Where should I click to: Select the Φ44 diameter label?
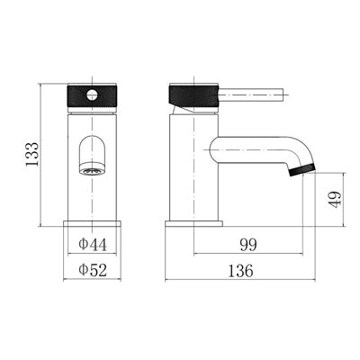point(92,243)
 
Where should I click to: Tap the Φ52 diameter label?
point(92,268)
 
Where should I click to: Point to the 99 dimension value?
point(250,243)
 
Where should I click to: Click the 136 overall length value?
point(239,268)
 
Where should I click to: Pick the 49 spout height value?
point(334,199)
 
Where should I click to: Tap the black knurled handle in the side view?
point(193,94)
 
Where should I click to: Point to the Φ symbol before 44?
point(83,243)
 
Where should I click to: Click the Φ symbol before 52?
point(83,268)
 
